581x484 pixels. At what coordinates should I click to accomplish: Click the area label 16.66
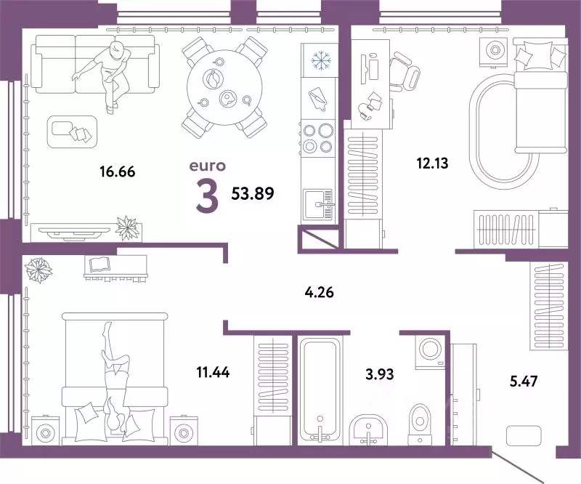(x=117, y=172)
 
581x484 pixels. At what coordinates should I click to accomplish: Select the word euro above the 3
(x=207, y=166)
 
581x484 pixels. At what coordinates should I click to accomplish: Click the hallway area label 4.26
(x=321, y=294)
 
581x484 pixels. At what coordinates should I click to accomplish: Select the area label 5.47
(x=521, y=379)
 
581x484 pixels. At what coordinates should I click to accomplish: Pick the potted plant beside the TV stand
(x=127, y=227)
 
